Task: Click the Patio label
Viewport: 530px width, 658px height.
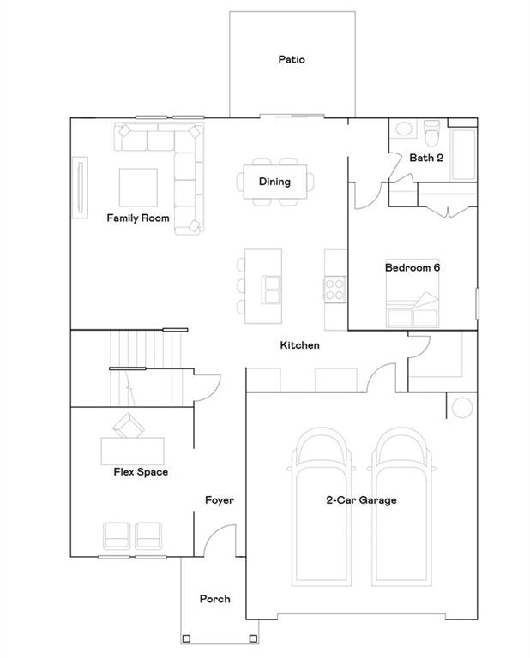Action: (292, 60)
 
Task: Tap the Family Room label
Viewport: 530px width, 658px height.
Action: (137, 218)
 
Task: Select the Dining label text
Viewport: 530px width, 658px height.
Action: (274, 182)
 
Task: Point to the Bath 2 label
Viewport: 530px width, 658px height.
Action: (426, 158)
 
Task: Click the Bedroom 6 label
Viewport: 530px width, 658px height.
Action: (412, 268)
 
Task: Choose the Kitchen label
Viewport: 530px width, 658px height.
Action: (300, 345)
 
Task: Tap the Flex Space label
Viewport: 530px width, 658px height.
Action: (141, 472)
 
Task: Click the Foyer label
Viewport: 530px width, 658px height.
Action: (220, 500)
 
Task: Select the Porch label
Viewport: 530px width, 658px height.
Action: (214, 599)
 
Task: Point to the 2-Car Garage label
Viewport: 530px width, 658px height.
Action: (361, 500)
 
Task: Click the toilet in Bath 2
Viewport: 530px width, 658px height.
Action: (432, 135)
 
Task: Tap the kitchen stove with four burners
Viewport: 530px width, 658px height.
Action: (334, 290)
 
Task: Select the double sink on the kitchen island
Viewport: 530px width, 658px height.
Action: (271, 290)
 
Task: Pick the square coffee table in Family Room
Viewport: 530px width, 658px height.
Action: (137, 187)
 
